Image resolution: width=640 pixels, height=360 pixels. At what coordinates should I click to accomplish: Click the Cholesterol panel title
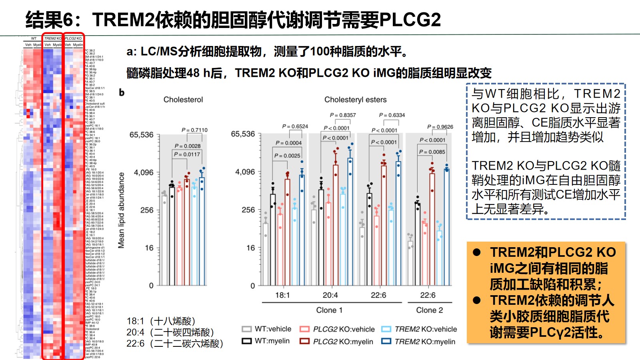[183, 100]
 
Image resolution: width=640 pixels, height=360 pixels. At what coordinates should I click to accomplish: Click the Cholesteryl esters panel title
[355, 100]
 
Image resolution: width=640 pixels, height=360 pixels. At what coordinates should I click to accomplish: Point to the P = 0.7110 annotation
[194, 130]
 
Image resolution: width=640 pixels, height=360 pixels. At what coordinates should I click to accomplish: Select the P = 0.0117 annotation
[187, 154]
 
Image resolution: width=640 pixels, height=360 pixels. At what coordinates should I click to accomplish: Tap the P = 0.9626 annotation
[440, 127]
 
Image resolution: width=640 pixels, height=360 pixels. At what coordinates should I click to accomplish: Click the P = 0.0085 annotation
[432, 152]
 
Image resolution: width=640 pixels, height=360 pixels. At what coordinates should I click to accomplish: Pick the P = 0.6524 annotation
[295, 126]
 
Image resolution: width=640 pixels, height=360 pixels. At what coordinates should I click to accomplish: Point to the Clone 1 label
[329, 310]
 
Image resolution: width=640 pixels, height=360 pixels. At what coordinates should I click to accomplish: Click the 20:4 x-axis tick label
[330, 295]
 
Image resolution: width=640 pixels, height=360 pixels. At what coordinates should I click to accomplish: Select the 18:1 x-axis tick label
[282, 295]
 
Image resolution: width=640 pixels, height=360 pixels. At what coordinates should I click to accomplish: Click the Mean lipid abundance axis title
[121, 210]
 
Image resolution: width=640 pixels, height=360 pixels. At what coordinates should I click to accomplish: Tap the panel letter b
[122, 93]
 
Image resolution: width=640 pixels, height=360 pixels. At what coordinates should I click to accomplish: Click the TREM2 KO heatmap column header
[52, 38]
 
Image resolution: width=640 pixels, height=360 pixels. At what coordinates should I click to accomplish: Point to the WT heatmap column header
[34, 38]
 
